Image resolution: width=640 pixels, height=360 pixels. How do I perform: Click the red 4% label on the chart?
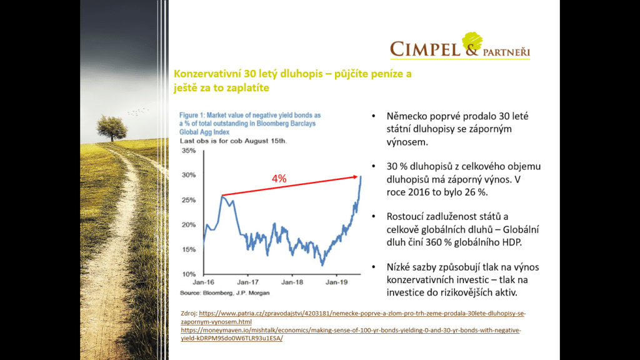(x=279, y=179)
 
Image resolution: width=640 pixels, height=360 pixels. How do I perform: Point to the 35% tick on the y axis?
(x=188, y=151)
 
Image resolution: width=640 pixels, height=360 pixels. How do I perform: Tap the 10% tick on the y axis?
(x=188, y=274)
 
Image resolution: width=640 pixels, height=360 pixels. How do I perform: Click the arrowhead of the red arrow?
(x=359, y=177)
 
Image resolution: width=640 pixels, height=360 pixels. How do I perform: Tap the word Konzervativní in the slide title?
(x=206, y=74)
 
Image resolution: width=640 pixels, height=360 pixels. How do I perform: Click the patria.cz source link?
(x=354, y=312)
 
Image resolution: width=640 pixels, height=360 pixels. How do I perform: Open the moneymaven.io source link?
(x=350, y=329)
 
